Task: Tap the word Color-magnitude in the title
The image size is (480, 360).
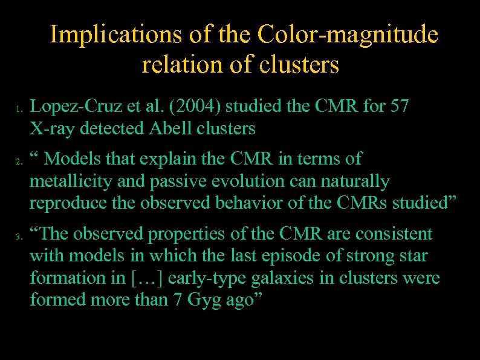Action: [x=348, y=34]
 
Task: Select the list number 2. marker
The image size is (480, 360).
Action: [x=19, y=162]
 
